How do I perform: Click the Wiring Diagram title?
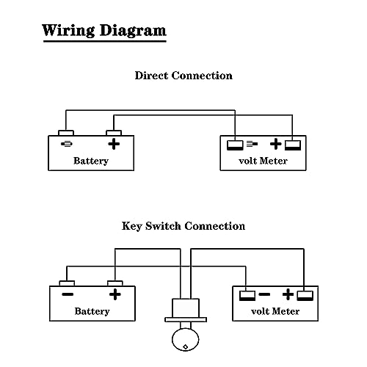(104, 31)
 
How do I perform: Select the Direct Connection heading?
(183, 76)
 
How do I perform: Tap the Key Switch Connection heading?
(183, 226)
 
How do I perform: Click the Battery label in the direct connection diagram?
(91, 161)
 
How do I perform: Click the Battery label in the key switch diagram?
(92, 311)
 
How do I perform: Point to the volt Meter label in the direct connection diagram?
(263, 161)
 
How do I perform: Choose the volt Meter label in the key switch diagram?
(275, 311)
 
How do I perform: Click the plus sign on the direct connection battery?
(114, 144)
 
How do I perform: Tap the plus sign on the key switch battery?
(115, 294)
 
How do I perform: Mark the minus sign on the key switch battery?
(68, 294)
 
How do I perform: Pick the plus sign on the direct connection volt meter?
(276, 144)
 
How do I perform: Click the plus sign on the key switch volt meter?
(288, 294)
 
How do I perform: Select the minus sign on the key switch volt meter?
(264, 294)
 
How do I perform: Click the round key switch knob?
(186, 340)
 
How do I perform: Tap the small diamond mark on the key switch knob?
(186, 346)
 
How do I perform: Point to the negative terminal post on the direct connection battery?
(66, 133)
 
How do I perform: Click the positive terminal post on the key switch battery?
(115, 283)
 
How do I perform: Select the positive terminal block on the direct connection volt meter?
(293, 145)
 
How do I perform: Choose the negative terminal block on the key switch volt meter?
(247, 296)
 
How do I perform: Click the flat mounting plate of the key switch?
(186, 319)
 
